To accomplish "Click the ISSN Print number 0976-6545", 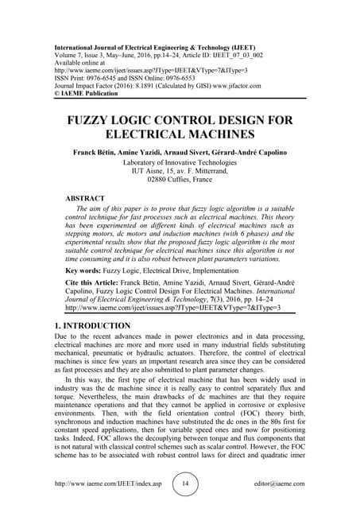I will (110, 56).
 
